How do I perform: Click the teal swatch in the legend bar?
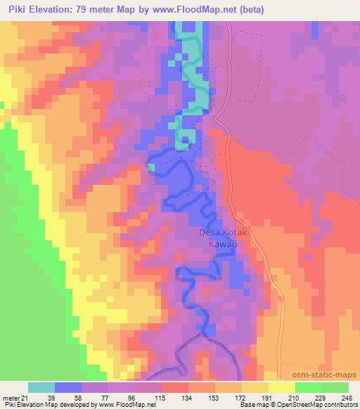tap(41, 387)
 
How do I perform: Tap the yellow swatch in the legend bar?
tap(282, 387)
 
